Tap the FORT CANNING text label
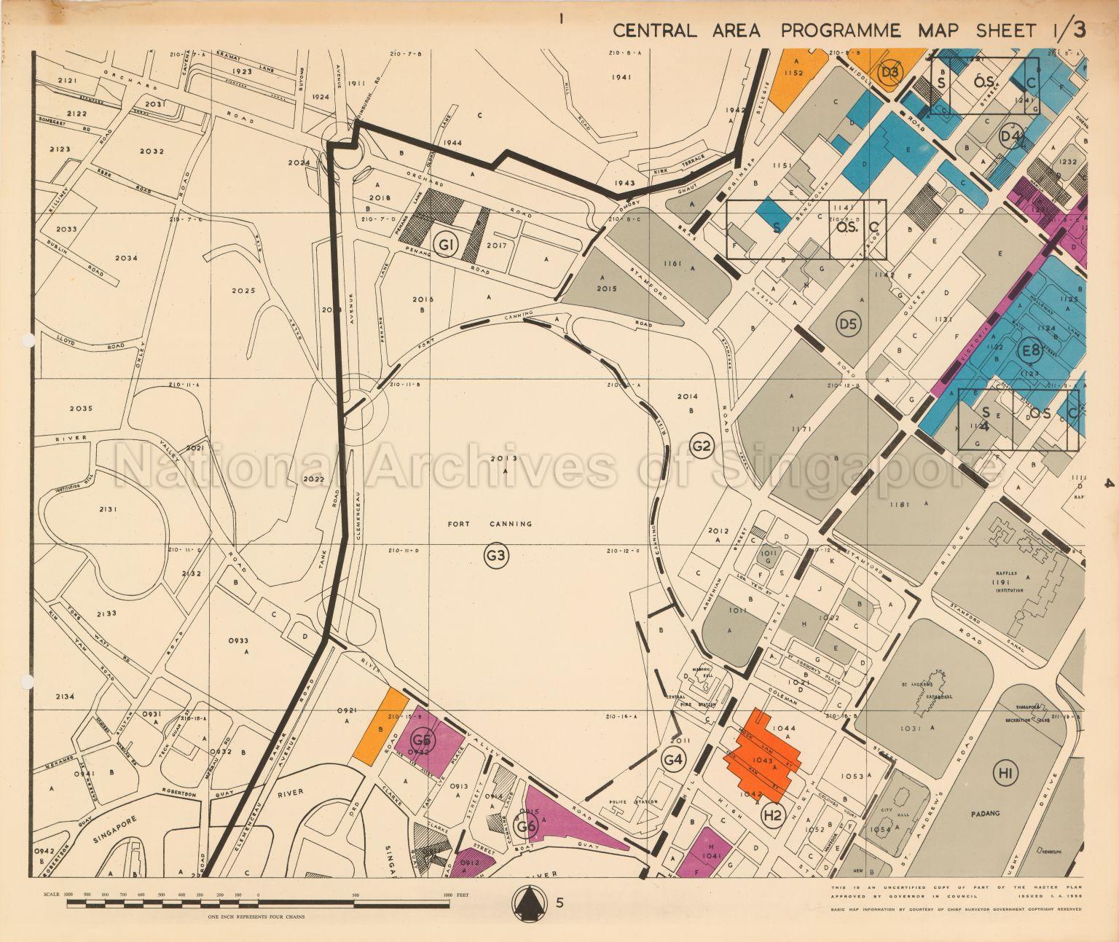pos(490,523)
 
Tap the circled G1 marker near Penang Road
pos(444,244)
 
